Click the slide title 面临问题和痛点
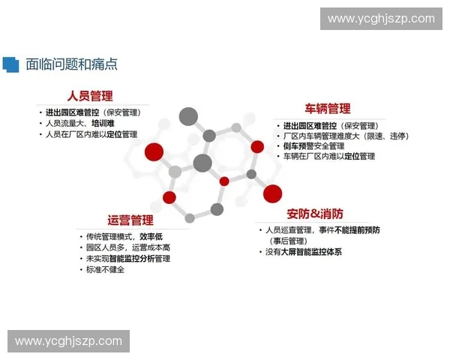(71, 64)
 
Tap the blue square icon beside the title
(10, 64)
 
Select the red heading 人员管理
(89, 96)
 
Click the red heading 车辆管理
(327, 109)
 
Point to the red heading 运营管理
(130, 220)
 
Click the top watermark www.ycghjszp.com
(381, 19)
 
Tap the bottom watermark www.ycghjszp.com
(68, 341)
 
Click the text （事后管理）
(287, 241)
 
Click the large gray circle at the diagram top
(188, 116)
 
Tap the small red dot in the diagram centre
(223, 181)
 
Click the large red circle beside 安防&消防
(272, 193)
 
